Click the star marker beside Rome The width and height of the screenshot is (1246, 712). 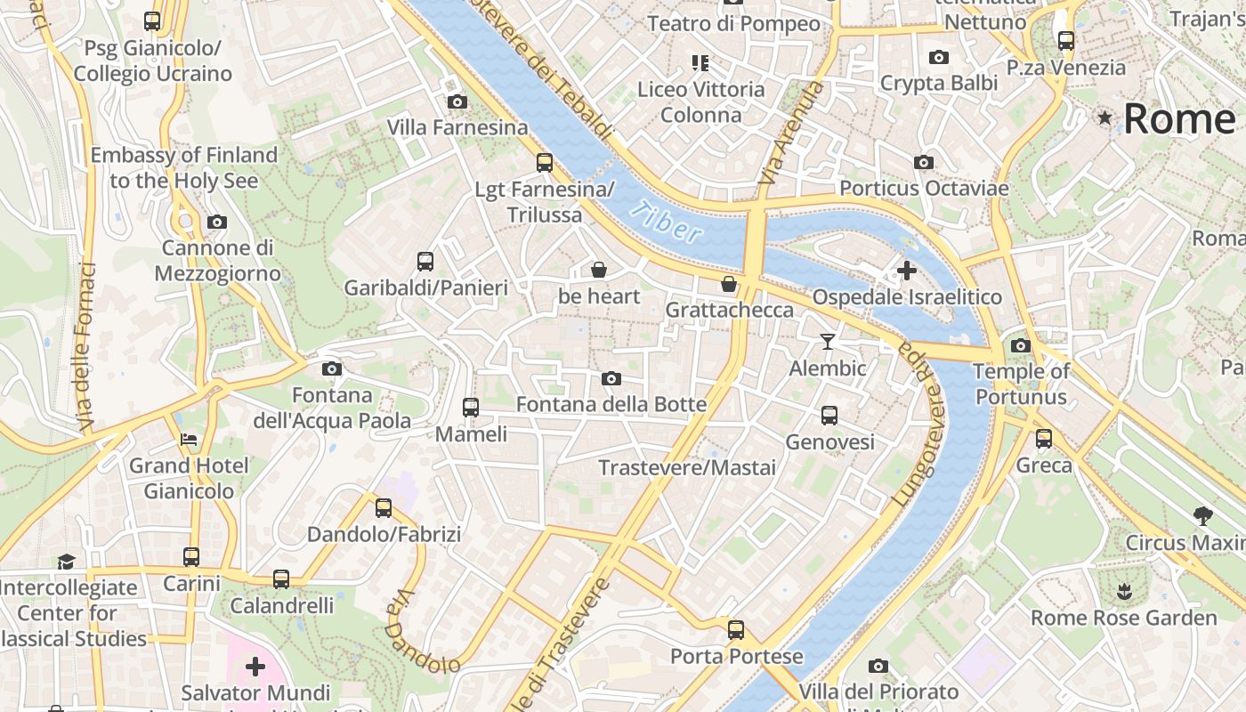1105,117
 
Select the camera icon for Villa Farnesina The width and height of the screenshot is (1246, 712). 457,102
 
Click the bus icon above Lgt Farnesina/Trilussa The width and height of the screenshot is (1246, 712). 545,163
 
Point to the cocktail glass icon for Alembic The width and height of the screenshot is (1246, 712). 828,342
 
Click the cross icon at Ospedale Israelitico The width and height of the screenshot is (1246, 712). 907,270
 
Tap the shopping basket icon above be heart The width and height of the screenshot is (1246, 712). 599,270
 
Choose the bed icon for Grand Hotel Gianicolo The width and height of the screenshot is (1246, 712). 189,439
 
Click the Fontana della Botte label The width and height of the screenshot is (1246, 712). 611,404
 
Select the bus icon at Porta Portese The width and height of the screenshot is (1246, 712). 736,630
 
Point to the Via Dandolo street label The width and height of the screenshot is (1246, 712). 421,633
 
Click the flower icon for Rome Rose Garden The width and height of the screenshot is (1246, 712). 1123,590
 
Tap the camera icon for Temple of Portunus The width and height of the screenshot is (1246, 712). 1021,345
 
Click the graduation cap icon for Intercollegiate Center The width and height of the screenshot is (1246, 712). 67,561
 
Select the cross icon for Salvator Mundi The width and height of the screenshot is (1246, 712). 255,666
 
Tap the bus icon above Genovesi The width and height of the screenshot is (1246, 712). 829,415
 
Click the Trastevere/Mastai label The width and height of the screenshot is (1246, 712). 687,467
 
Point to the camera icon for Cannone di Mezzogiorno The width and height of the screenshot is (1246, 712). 217,222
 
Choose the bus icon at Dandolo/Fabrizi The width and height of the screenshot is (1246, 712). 384,508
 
